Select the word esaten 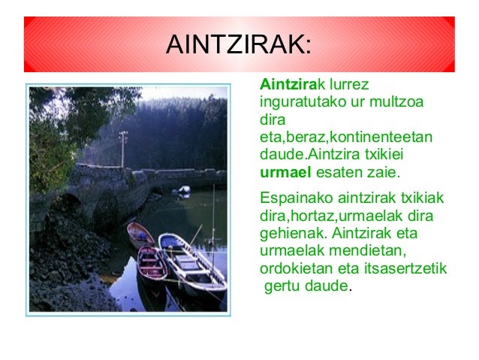click(342, 174)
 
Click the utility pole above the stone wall click(123, 147)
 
